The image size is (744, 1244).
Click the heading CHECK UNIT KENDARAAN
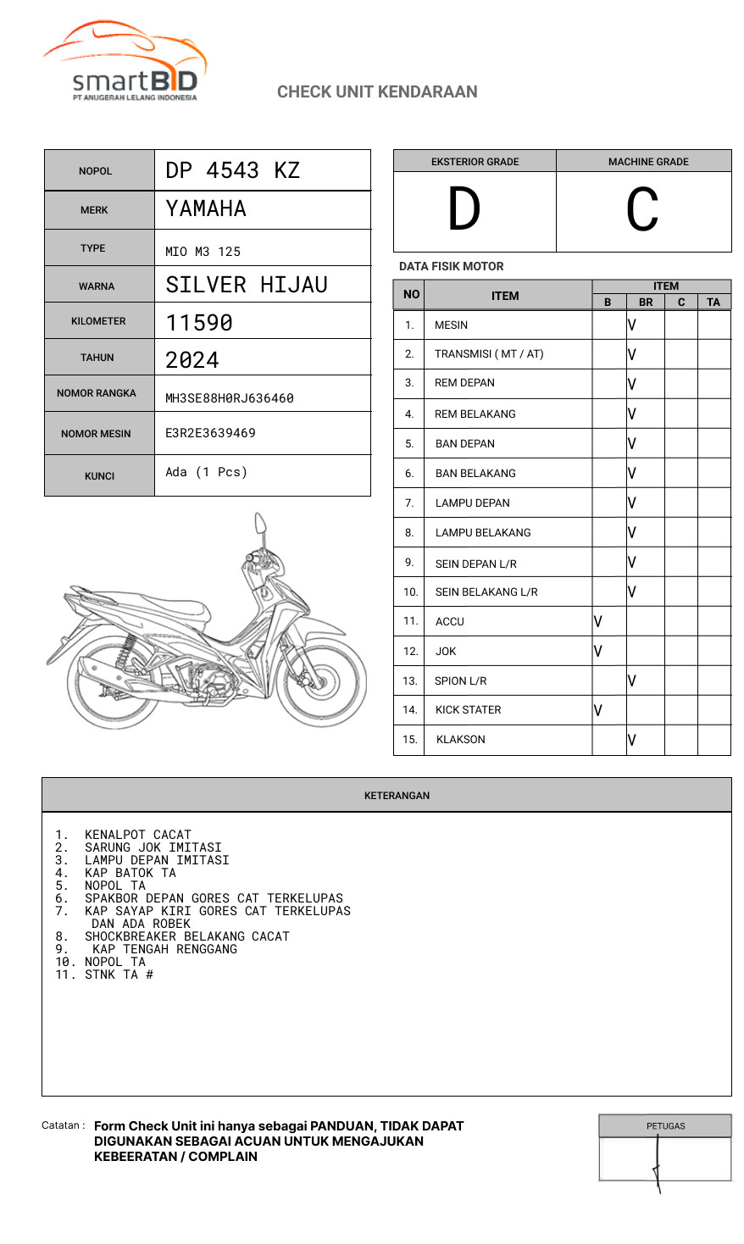[377, 92]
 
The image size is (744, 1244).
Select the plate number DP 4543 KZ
[233, 170]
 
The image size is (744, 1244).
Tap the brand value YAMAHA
[206, 208]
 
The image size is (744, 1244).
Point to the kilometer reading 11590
[199, 323]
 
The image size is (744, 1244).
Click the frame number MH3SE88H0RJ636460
[230, 398]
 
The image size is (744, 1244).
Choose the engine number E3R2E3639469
[210, 433]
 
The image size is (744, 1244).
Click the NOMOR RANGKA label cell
[97, 393]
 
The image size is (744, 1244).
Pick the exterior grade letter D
[464, 210]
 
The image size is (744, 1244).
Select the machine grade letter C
[642, 210]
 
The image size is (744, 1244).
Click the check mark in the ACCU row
[598, 621]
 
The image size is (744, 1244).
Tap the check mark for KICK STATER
[598, 710]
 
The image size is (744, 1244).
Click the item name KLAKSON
[461, 740]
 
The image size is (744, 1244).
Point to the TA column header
[713, 302]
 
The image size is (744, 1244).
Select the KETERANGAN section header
[397, 796]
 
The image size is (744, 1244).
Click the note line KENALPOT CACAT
[137, 835]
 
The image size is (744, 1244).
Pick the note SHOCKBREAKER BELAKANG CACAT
[186, 936]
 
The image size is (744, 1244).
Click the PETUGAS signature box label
[665, 1126]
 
